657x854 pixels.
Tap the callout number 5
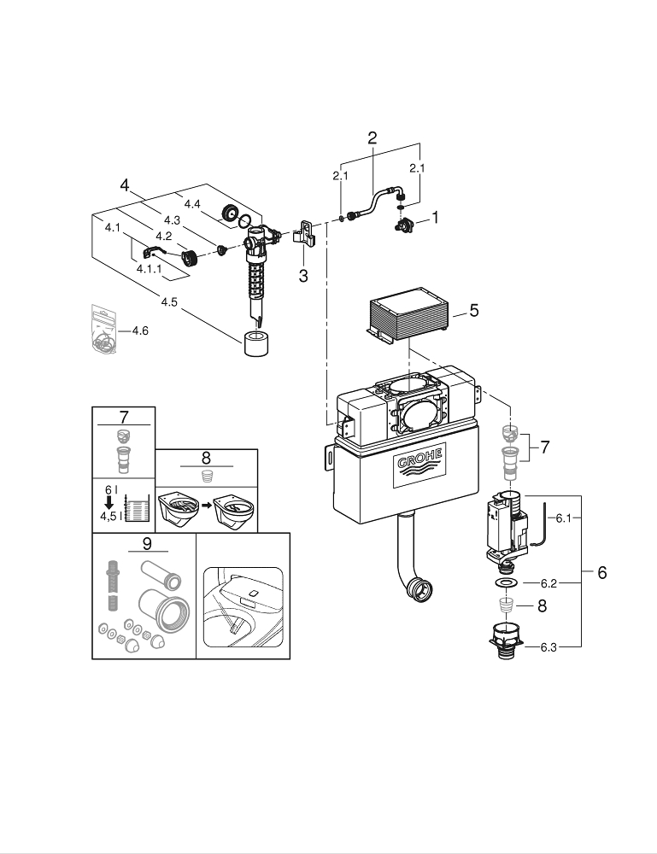pos(473,311)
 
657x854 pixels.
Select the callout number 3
pos(302,275)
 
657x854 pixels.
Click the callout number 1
pos(434,218)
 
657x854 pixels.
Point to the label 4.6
pos(138,330)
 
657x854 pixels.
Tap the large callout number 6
pos(601,572)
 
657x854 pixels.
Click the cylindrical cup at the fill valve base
pos(257,344)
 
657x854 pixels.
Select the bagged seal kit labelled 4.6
pos(105,330)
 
